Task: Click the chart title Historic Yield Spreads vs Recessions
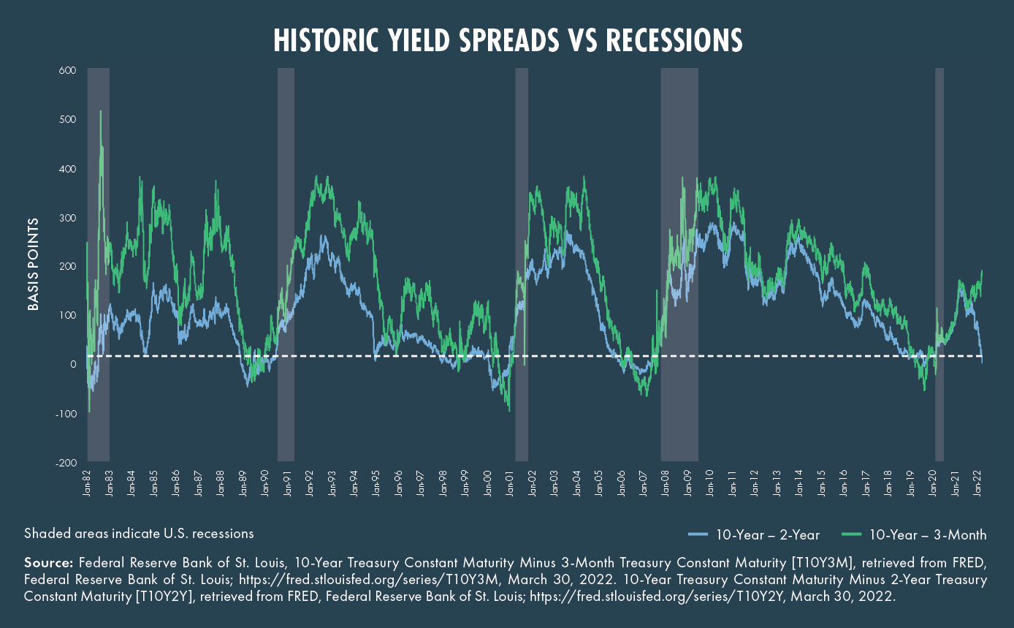coord(508,41)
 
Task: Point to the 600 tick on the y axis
coord(68,70)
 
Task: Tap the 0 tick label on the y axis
coord(73,364)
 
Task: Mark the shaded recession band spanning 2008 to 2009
coord(679,264)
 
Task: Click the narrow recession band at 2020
coord(939,264)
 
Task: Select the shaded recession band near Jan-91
coord(286,264)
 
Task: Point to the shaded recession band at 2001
coord(522,264)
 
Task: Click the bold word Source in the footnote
coord(48,563)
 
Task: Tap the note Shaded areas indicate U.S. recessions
coord(139,534)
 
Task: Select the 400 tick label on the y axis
coord(68,169)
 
